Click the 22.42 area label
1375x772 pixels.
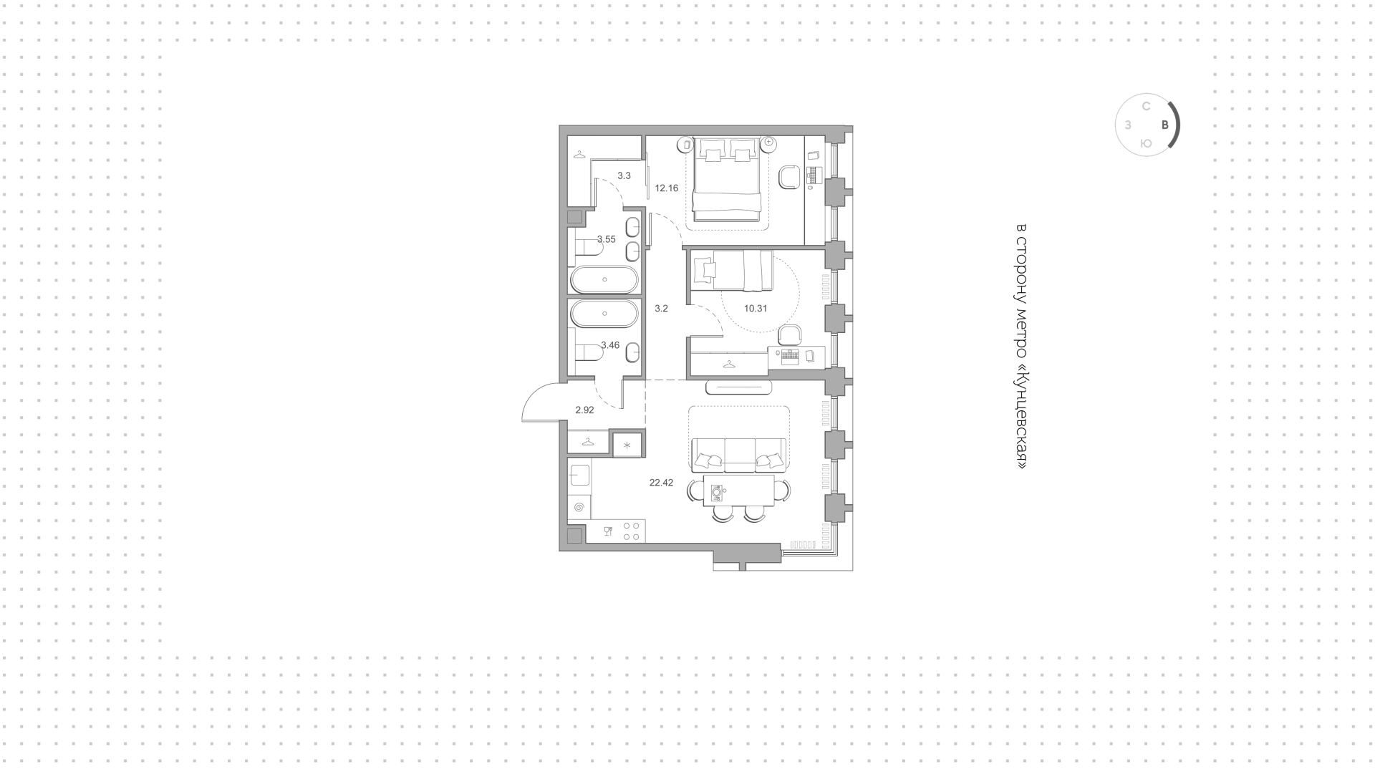661,483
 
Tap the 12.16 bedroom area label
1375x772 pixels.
666,188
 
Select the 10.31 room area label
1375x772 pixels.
756,309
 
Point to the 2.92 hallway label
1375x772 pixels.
584,410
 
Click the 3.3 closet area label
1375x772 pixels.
624,175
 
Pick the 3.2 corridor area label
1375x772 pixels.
661,309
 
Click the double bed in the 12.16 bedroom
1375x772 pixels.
726,179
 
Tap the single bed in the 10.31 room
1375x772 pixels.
732,270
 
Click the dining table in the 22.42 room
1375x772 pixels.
738,491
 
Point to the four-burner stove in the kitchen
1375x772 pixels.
631,531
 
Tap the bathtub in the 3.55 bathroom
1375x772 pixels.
604,279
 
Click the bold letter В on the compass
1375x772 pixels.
1165,125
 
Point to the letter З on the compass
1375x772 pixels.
1128,125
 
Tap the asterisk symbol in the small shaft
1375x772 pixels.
627,445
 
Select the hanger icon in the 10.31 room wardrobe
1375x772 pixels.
729,364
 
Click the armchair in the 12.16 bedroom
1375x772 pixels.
790,177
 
